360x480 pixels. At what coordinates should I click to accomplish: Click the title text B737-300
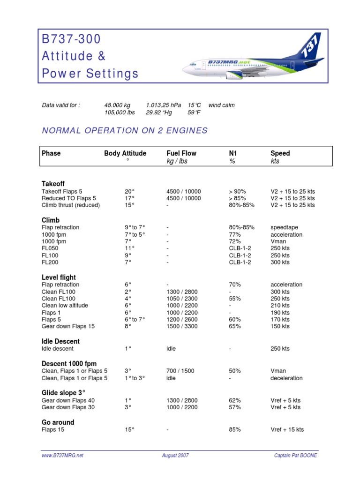71,39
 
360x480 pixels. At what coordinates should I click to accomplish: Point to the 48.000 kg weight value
117,105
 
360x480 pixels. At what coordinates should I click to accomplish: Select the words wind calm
222,105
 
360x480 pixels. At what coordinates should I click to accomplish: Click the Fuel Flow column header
181,153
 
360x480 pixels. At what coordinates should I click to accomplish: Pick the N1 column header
232,153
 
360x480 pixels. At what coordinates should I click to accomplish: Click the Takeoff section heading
54,184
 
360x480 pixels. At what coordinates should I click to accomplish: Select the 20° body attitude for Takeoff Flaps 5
129,191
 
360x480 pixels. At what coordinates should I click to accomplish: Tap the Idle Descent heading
61,341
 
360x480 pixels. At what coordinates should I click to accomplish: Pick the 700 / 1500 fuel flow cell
180,371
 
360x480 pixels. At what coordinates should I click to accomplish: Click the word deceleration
286,378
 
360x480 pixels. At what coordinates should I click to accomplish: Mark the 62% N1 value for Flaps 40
235,400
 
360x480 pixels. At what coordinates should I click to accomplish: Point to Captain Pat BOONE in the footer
295,456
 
